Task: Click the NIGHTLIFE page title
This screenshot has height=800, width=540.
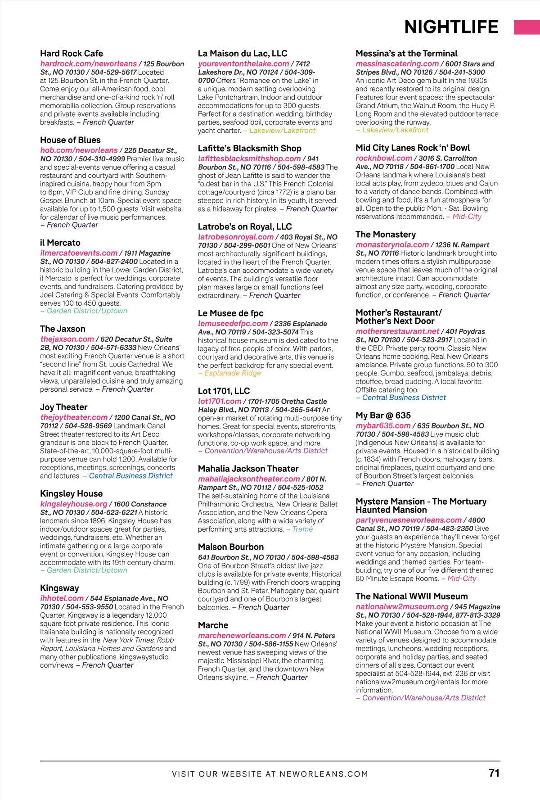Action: coord(451,27)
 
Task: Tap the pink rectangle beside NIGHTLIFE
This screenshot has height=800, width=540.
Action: coord(526,27)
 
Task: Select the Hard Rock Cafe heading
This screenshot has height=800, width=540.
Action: coord(72,54)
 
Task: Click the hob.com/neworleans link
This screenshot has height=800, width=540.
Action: coord(79,150)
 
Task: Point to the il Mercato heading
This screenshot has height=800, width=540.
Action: coord(60,243)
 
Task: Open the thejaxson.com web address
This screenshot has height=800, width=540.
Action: coord(67,339)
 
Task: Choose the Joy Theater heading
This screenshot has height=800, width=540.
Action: coord(63,407)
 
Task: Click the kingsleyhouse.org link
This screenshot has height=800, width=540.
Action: coord(73,504)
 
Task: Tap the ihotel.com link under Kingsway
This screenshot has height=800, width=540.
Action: coord(62,598)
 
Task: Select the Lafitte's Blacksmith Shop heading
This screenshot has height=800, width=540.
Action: coord(249,149)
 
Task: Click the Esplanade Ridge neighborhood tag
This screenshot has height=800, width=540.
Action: coord(233,373)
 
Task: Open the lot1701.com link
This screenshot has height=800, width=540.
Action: coord(220,401)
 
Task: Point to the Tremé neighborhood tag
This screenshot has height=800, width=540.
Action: coord(302,529)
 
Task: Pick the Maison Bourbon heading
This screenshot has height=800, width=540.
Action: coord(231,547)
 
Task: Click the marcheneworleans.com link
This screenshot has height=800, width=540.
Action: coord(242,635)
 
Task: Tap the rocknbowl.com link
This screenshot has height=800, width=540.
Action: coord(383,158)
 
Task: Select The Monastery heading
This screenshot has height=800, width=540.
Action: coord(385,235)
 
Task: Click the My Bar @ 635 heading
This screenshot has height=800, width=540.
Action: coord(383,416)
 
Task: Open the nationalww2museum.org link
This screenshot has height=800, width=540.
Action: coord(402,607)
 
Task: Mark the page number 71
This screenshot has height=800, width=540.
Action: coord(494,773)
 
